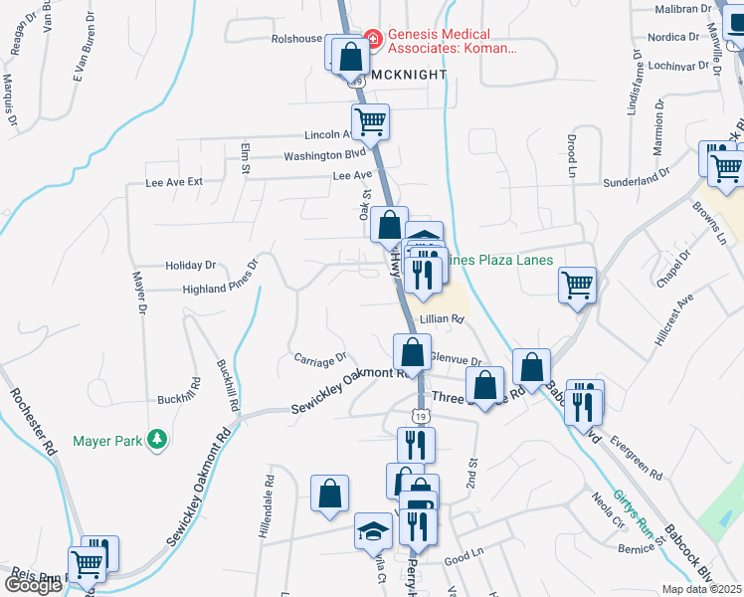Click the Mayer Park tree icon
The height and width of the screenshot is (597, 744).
(155, 439)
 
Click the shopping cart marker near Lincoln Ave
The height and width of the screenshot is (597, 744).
(370, 122)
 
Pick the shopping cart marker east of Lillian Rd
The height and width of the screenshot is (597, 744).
(577, 286)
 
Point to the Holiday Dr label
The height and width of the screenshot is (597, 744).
(191, 266)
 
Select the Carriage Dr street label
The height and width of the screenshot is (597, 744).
(319, 357)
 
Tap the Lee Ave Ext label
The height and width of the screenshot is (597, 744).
(174, 183)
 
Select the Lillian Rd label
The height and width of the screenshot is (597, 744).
(443, 319)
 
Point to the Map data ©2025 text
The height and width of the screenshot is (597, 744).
(702, 589)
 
